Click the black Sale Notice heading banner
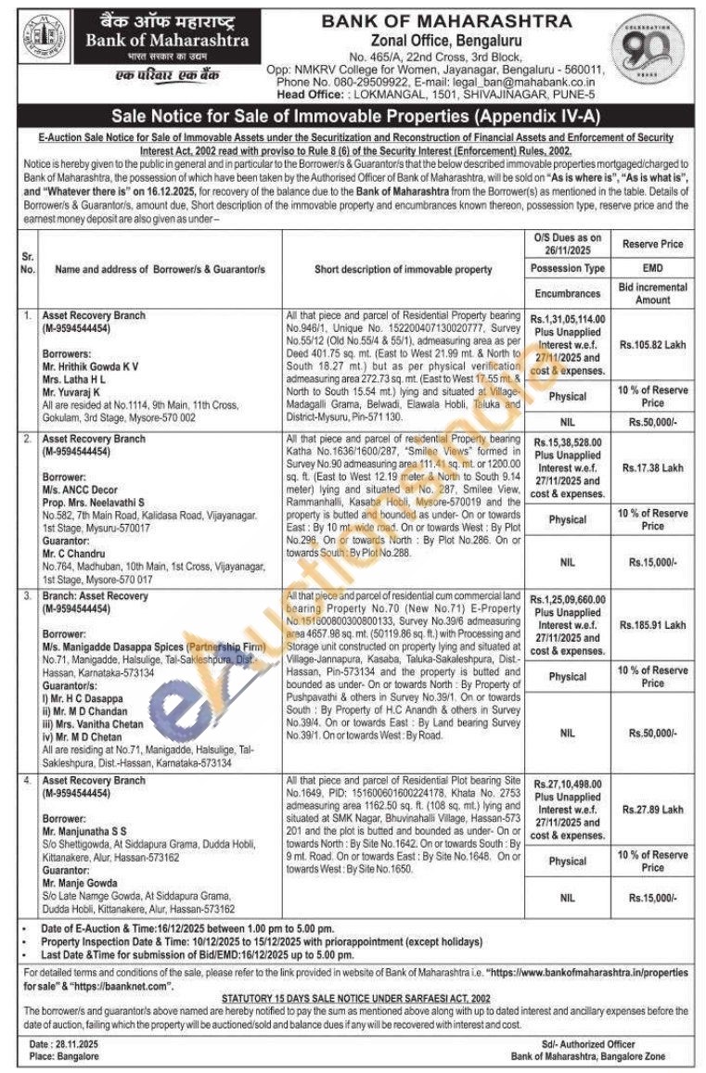click(x=352, y=117)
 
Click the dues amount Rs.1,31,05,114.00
click(x=568, y=318)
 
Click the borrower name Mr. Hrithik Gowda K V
click(x=91, y=366)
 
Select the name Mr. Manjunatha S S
click(x=83, y=831)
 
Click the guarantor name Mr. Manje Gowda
click(x=80, y=883)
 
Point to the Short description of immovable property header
click(x=404, y=269)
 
